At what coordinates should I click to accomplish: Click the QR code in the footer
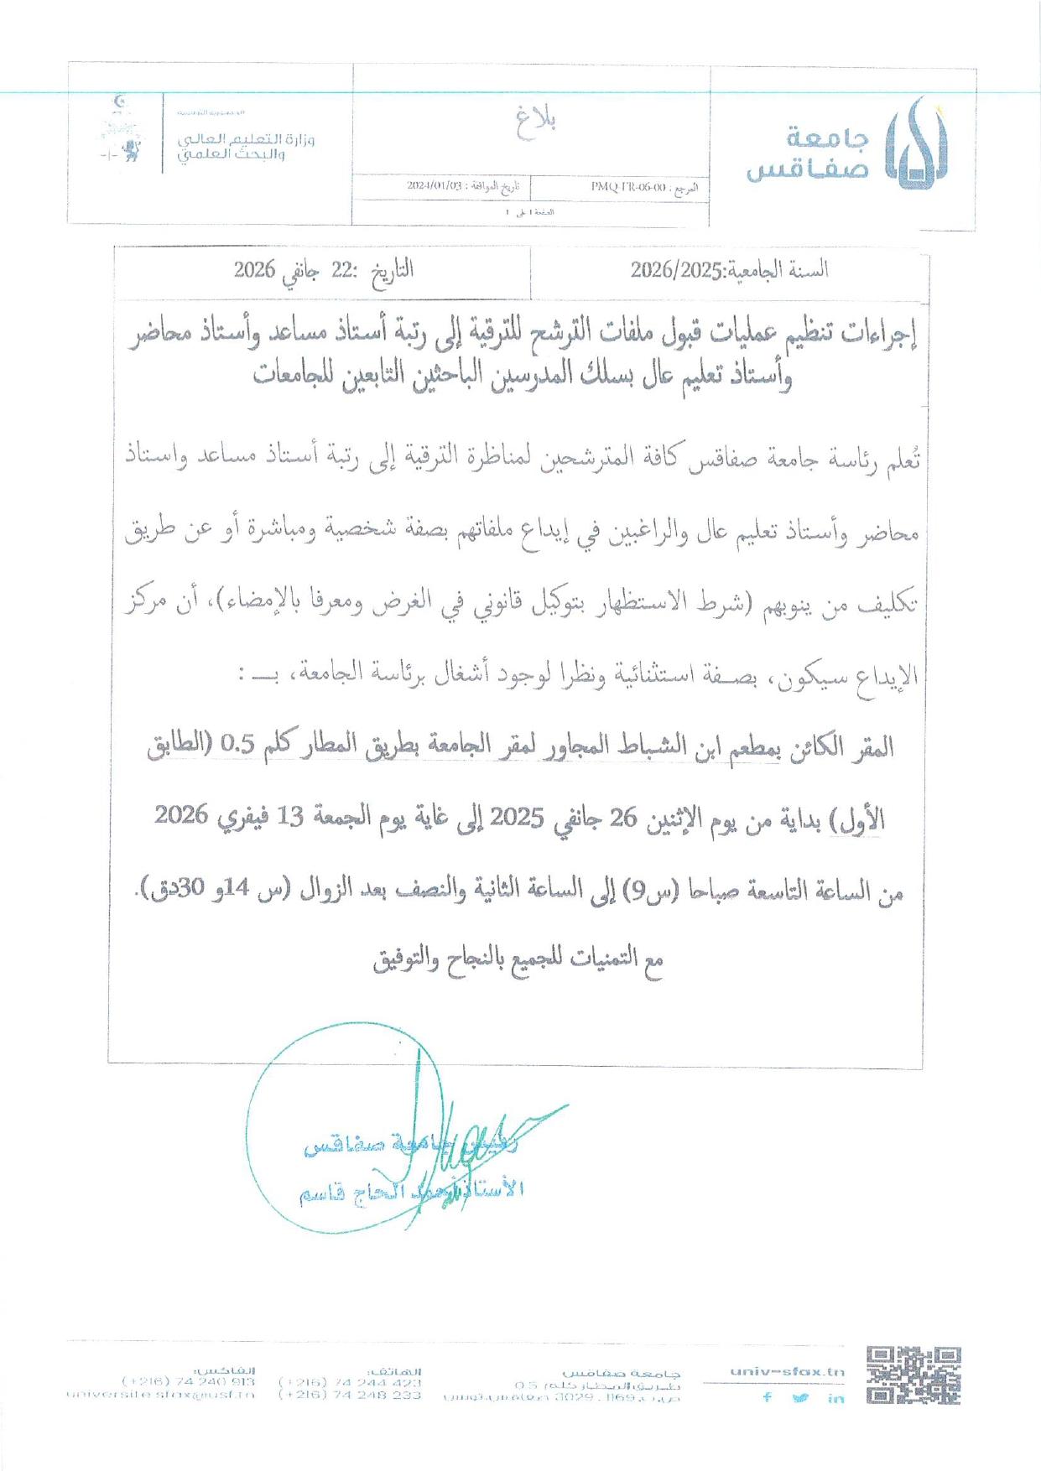click(x=913, y=1375)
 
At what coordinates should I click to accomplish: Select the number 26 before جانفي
click(x=624, y=818)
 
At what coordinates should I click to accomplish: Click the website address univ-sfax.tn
click(x=787, y=1372)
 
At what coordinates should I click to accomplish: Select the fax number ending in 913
click(x=189, y=1381)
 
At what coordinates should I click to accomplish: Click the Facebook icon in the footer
click(x=767, y=1397)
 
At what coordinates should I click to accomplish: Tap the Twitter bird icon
click(x=800, y=1397)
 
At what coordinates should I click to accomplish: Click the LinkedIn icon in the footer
click(x=835, y=1398)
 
